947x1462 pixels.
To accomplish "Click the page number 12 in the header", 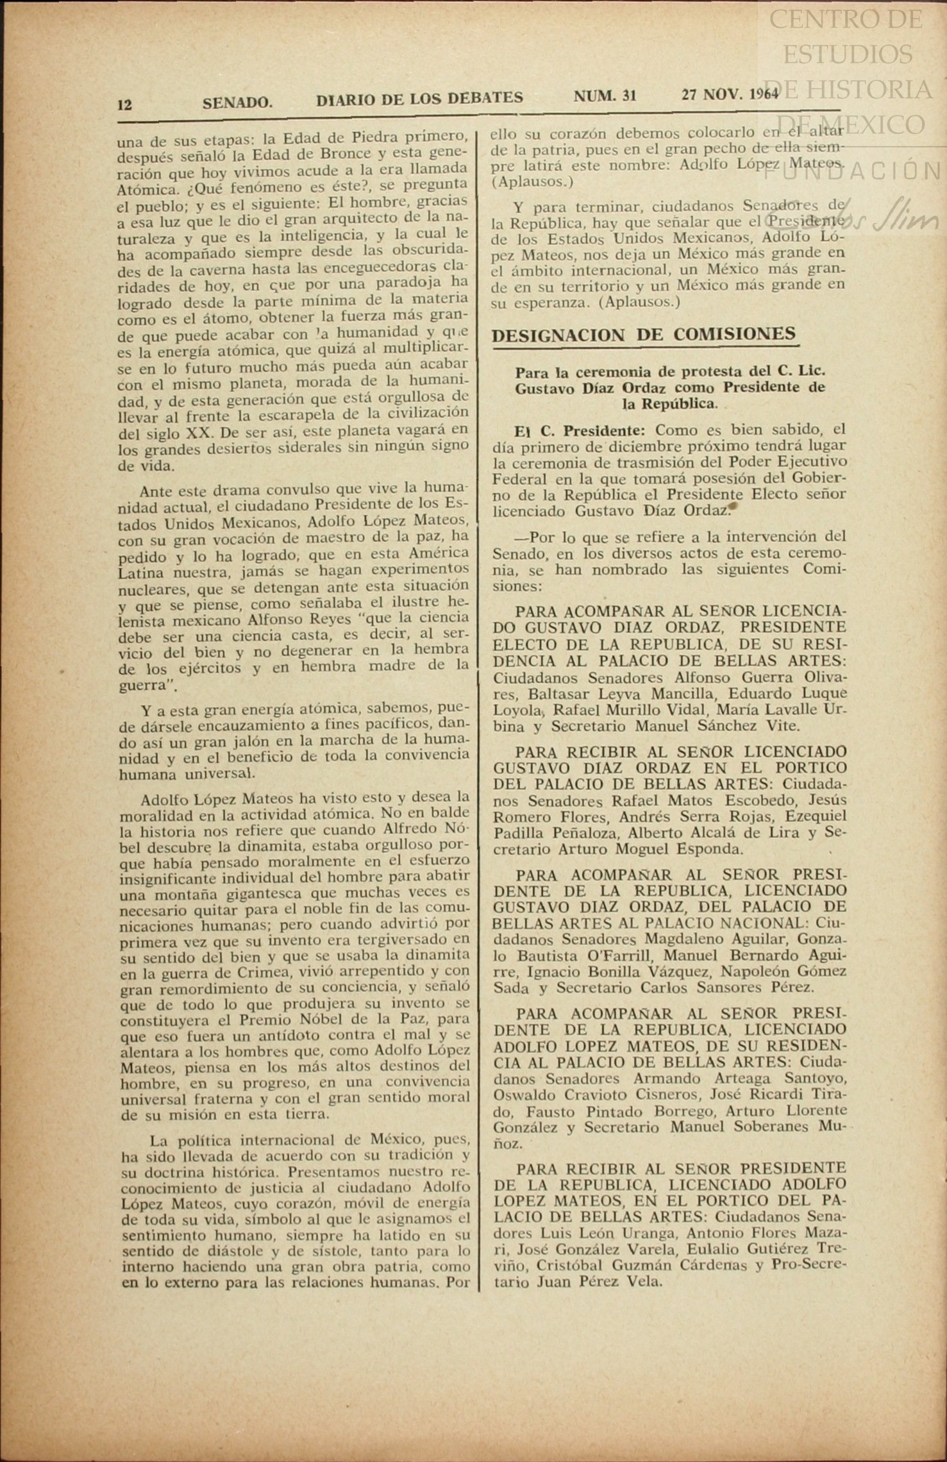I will point(125,105).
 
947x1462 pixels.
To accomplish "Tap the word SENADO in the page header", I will point(237,103).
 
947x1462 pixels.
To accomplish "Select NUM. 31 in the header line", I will point(605,96).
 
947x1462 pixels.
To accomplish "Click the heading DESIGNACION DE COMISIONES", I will point(643,335).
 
